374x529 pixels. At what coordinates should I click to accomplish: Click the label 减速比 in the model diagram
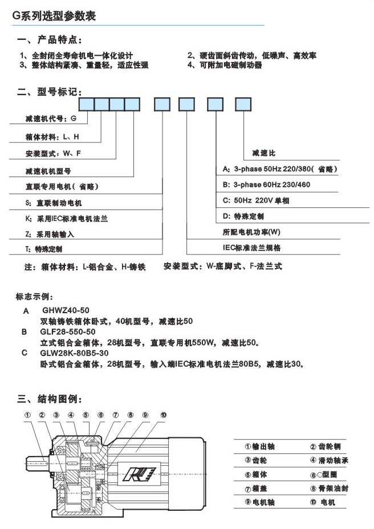click(263, 154)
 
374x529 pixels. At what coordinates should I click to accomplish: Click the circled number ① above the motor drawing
click(27, 415)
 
